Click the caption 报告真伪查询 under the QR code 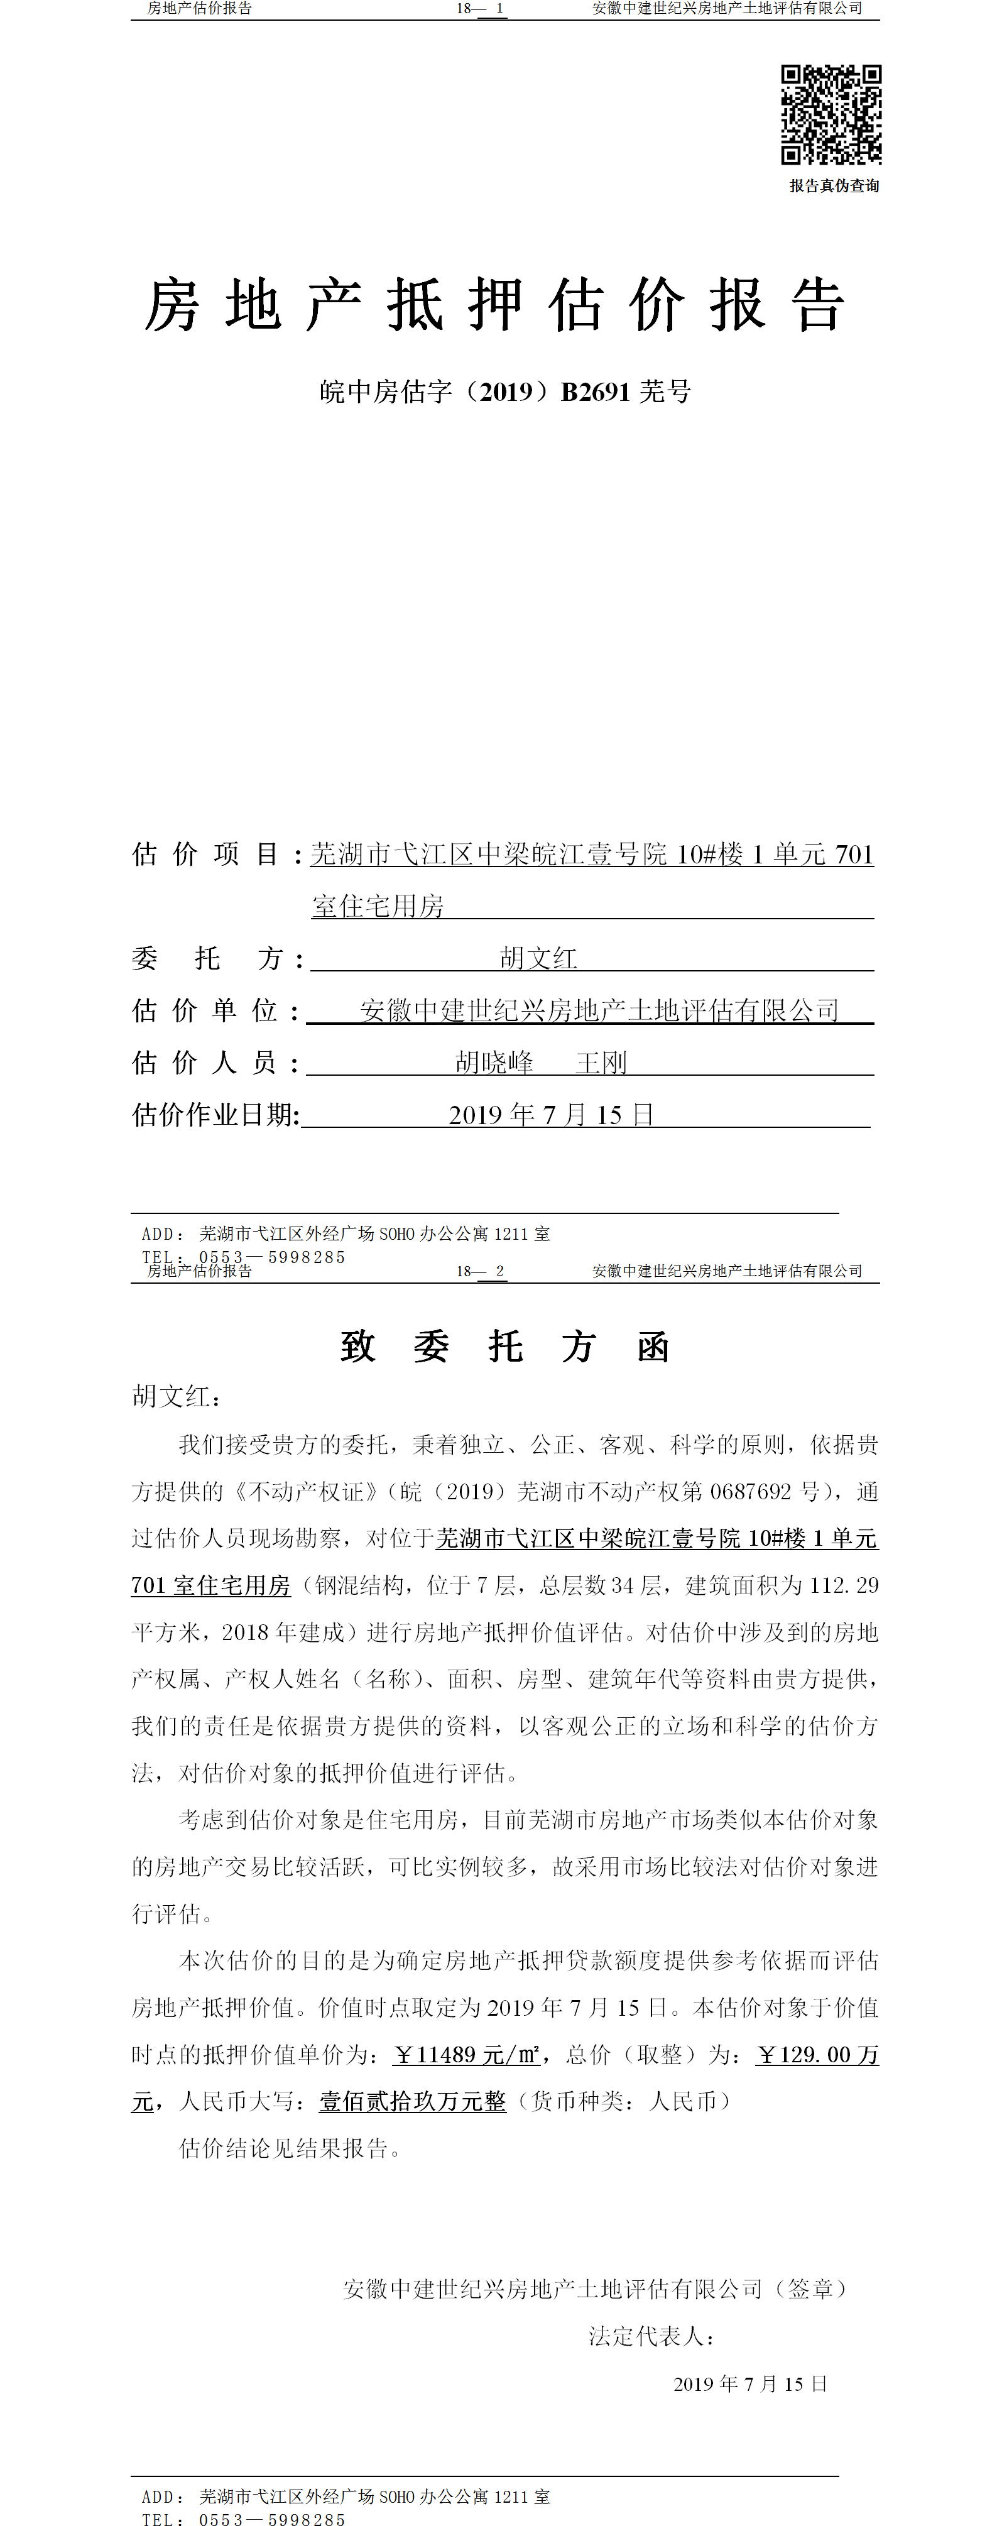834,185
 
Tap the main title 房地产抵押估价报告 495,305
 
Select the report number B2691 595,391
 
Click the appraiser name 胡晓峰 494,1062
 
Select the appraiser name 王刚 601,1062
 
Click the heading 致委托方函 505,1347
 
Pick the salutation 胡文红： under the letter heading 177,1396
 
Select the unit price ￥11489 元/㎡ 467,2054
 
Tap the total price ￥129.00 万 817,2054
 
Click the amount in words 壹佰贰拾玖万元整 413,2101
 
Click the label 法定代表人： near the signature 652,2337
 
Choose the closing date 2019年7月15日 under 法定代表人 750,2384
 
